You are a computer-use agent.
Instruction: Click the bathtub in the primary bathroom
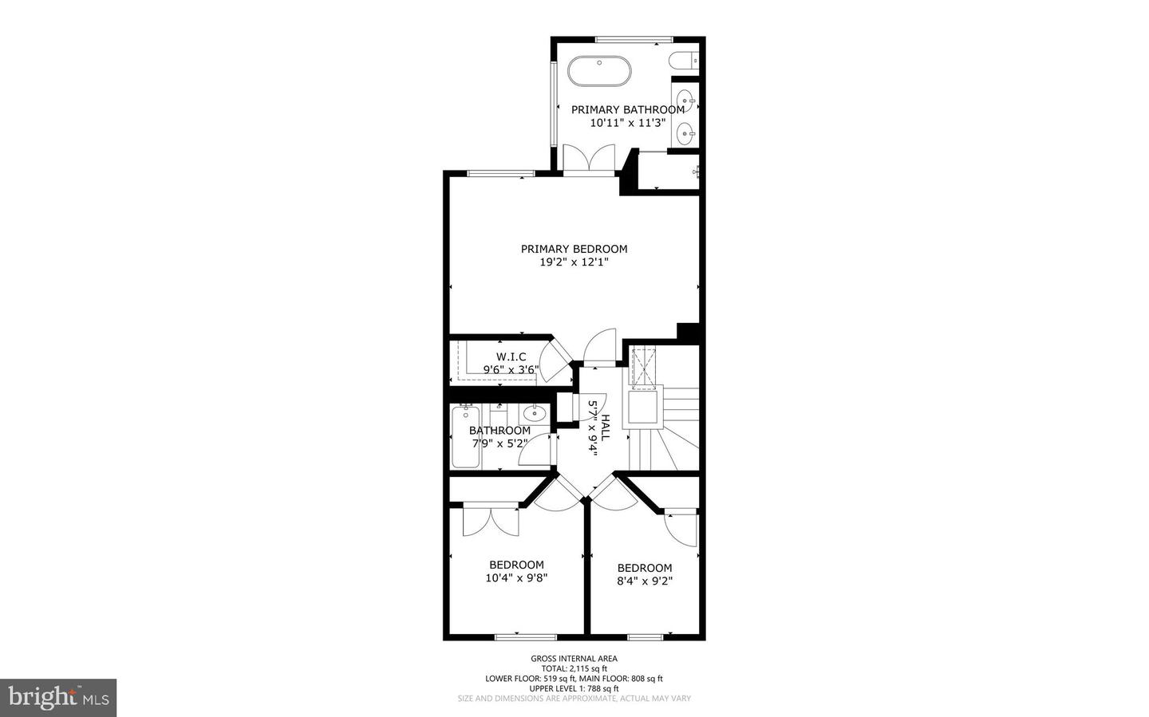click(599, 71)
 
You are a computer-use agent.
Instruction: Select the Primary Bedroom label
click(574, 249)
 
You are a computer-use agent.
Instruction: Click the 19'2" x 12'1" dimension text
click(574, 262)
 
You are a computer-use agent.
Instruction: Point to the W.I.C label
click(511, 357)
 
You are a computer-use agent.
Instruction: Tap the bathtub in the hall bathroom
click(464, 437)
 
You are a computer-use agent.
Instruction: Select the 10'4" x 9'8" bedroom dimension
click(516, 578)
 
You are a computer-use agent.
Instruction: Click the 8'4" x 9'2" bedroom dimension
click(644, 581)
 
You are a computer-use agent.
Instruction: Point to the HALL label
click(606, 428)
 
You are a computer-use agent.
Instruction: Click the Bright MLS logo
click(58, 698)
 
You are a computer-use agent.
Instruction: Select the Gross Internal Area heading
click(574, 659)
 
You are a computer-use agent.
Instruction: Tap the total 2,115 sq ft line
click(574, 668)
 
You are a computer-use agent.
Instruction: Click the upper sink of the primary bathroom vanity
click(684, 102)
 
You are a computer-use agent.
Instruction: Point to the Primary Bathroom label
click(627, 110)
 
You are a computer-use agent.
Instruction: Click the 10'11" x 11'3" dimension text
click(627, 123)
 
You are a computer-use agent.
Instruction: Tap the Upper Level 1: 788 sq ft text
click(574, 688)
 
